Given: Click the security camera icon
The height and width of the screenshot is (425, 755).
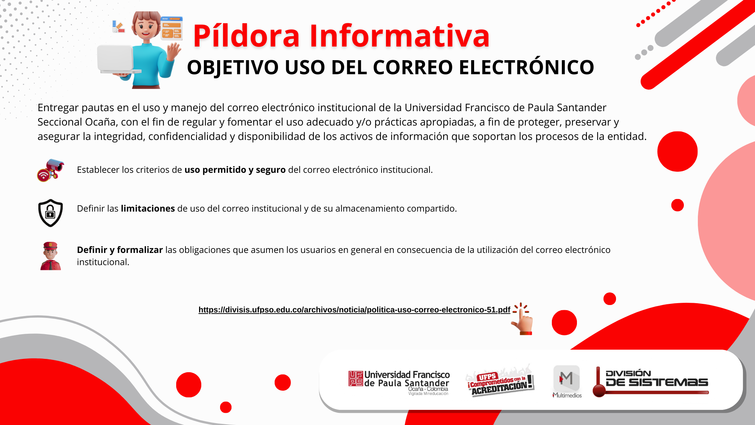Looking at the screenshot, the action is click(51, 170).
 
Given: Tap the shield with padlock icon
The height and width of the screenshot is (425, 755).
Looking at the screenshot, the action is click(51, 213).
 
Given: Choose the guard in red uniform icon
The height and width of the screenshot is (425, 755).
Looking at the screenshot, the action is click(51, 256).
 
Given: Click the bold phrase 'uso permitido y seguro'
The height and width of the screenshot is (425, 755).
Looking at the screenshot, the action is click(235, 170).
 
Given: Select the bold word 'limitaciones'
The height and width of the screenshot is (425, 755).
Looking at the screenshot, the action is click(148, 208).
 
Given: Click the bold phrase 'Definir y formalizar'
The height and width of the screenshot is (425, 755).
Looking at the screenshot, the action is click(120, 250).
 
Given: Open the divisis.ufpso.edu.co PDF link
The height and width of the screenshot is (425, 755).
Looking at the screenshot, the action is click(354, 310).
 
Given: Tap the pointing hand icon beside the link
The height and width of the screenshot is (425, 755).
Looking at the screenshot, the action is click(522, 319).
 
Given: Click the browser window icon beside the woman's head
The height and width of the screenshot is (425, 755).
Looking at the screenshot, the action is click(171, 28).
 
